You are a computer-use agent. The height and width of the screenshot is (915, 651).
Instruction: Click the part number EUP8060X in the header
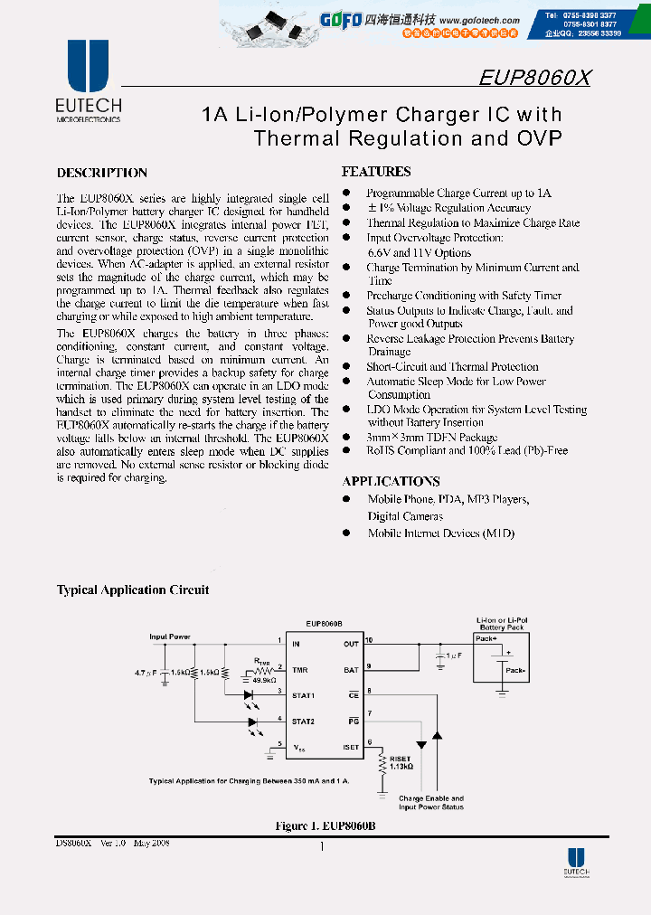[534, 78]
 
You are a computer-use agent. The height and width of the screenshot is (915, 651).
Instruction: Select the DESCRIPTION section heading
[102, 173]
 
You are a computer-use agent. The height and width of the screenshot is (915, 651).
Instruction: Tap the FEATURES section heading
[376, 172]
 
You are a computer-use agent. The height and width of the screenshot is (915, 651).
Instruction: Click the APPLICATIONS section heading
[391, 481]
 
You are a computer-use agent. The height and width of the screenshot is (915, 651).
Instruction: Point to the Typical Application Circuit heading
[133, 590]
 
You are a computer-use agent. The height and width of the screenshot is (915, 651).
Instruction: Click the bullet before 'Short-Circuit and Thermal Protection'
[346, 366]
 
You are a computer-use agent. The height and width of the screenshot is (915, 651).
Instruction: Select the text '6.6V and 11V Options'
[419, 252]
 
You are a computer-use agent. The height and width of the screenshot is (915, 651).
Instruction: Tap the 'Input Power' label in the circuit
[170, 637]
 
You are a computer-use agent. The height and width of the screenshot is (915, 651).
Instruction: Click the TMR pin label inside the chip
[298, 670]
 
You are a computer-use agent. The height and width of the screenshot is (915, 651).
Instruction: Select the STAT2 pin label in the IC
[302, 721]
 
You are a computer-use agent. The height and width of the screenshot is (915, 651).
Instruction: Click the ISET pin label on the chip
[351, 747]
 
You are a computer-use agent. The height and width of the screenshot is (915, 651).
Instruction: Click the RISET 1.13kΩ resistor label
[401, 762]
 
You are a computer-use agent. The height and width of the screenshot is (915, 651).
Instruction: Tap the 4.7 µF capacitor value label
[144, 673]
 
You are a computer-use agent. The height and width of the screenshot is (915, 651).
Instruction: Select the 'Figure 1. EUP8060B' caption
[325, 826]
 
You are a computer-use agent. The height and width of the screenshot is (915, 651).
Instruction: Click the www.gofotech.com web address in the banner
[479, 20]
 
